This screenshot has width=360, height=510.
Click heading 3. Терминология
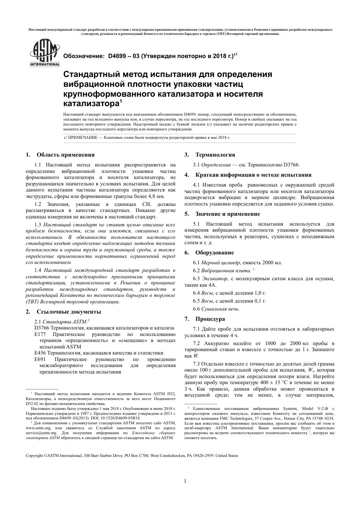point(210,155)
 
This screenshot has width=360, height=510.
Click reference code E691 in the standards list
point(40,359)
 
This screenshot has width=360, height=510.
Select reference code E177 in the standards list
point(40,334)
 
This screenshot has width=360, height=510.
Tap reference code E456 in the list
point(40,353)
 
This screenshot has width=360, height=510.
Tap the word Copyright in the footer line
point(34,455)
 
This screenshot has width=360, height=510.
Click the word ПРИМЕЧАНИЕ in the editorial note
point(81,137)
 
